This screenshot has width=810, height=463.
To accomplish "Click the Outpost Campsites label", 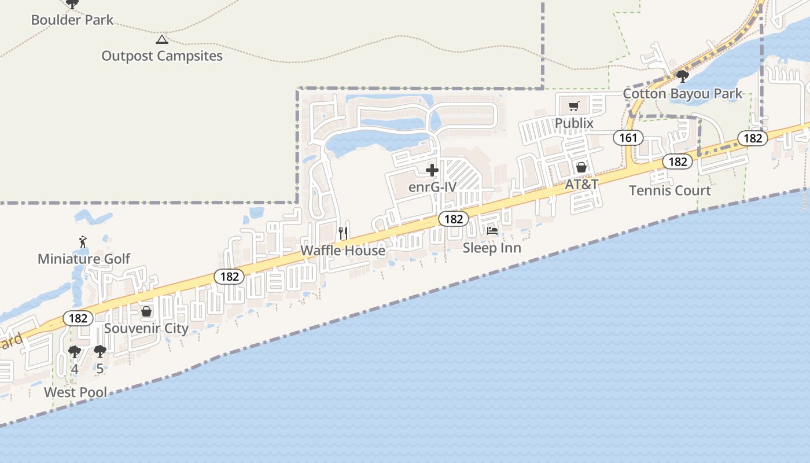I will coord(162,56).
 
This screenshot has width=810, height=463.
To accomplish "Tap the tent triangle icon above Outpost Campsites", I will coord(162,40).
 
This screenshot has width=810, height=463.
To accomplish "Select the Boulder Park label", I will coord(72,20).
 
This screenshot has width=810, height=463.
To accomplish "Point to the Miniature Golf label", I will coord(84,259).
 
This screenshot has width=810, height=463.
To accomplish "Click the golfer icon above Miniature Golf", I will coord(83,241).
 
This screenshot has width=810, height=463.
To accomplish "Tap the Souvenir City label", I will coord(146,329).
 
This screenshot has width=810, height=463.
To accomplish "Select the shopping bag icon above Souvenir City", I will coord(146,312).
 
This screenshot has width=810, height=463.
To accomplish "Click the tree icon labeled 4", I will coord(75,351).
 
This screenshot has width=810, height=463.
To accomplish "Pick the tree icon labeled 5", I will coord(100,351).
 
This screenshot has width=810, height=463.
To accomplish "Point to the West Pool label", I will coord(76,392).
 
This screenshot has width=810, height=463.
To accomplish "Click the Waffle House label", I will coord(343,251).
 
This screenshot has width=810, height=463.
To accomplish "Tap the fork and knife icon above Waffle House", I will coord(344,233).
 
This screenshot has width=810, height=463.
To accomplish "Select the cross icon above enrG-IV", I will coord(432,170).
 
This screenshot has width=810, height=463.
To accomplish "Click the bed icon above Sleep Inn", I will coord(492,230).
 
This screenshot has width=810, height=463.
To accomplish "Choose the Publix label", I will coord(574,123).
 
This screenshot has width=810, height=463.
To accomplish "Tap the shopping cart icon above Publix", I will coord(573,106).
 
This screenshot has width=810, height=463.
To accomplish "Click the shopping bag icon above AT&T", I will coord(581,167).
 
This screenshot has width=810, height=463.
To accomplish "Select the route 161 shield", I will coord(628,138).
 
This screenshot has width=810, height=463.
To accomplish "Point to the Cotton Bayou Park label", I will coord(683,94).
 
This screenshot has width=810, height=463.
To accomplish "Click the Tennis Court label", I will coord(670,190).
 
